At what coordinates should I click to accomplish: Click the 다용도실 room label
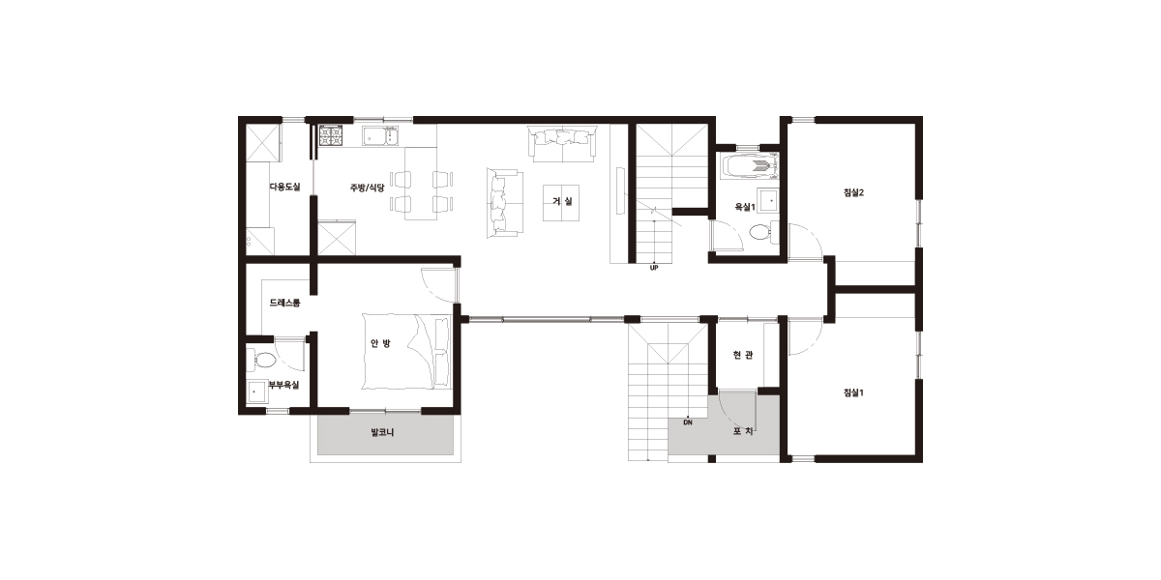click(x=284, y=187)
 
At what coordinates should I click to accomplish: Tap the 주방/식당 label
click(x=367, y=188)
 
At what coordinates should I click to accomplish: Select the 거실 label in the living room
click(x=562, y=201)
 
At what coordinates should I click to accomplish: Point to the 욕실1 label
click(x=745, y=207)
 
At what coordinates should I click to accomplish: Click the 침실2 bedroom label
click(x=853, y=192)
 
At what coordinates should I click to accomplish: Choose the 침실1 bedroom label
click(x=853, y=392)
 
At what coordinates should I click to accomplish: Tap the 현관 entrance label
click(x=743, y=355)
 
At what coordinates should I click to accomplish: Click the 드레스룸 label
click(x=284, y=303)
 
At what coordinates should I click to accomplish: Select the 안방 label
click(x=380, y=343)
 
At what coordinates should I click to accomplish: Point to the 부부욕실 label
click(x=283, y=385)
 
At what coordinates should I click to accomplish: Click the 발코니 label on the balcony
click(x=382, y=432)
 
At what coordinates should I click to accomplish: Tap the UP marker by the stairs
click(x=654, y=268)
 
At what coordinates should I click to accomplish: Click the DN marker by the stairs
click(x=688, y=422)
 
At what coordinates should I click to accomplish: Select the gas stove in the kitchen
click(x=330, y=135)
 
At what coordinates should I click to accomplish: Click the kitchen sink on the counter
click(x=380, y=135)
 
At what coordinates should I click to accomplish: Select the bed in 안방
click(x=407, y=351)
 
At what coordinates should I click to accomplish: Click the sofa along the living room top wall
click(x=562, y=143)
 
